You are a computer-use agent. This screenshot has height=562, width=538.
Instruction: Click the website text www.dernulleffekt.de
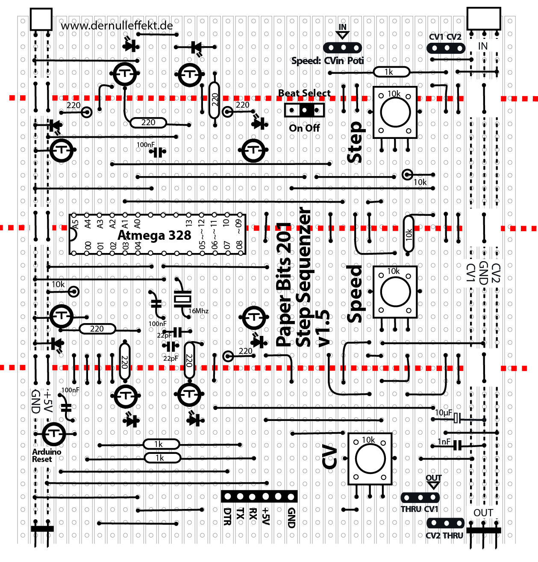point(117,26)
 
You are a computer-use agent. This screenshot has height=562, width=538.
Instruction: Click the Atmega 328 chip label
point(154,235)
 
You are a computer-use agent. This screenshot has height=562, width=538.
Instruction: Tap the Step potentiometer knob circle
point(395,112)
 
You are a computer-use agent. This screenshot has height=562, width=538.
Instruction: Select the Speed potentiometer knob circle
point(395,292)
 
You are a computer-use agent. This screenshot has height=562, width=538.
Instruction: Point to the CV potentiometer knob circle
point(370,459)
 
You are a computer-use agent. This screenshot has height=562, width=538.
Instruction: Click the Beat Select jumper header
point(304,110)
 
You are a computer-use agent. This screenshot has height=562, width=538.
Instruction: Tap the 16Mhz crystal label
point(198,311)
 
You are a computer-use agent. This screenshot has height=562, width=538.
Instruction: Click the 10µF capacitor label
point(444,413)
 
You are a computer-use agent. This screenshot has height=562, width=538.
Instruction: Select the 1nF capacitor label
point(444,442)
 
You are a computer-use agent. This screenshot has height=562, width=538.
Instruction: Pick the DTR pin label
point(227,516)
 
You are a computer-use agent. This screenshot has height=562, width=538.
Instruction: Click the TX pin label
point(240,514)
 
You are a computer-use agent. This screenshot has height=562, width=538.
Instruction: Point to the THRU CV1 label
point(419,509)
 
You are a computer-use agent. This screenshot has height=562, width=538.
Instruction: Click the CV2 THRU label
point(444,536)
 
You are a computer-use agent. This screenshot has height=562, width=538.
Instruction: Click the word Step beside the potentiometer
point(355,142)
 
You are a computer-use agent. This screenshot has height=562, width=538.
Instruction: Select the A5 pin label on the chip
point(75,224)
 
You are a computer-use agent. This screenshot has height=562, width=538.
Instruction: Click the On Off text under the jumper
point(304,128)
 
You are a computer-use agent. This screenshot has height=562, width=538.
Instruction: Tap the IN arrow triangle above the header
point(343,35)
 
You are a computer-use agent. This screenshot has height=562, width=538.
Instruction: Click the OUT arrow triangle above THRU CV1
point(433,485)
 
